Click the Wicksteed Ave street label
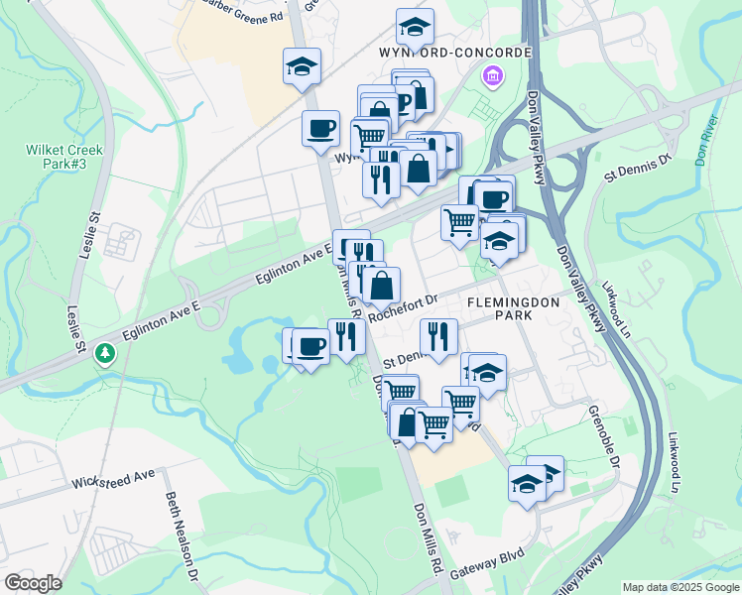pyautogui.click(x=113, y=480)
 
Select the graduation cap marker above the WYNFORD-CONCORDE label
pyautogui.click(x=415, y=26)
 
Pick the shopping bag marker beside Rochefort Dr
pyautogui.click(x=381, y=286)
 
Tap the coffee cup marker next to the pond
pyautogui.click(x=310, y=347)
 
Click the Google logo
pyautogui.click(x=32, y=582)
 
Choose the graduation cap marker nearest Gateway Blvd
pyautogui.click(x=527, y=485)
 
